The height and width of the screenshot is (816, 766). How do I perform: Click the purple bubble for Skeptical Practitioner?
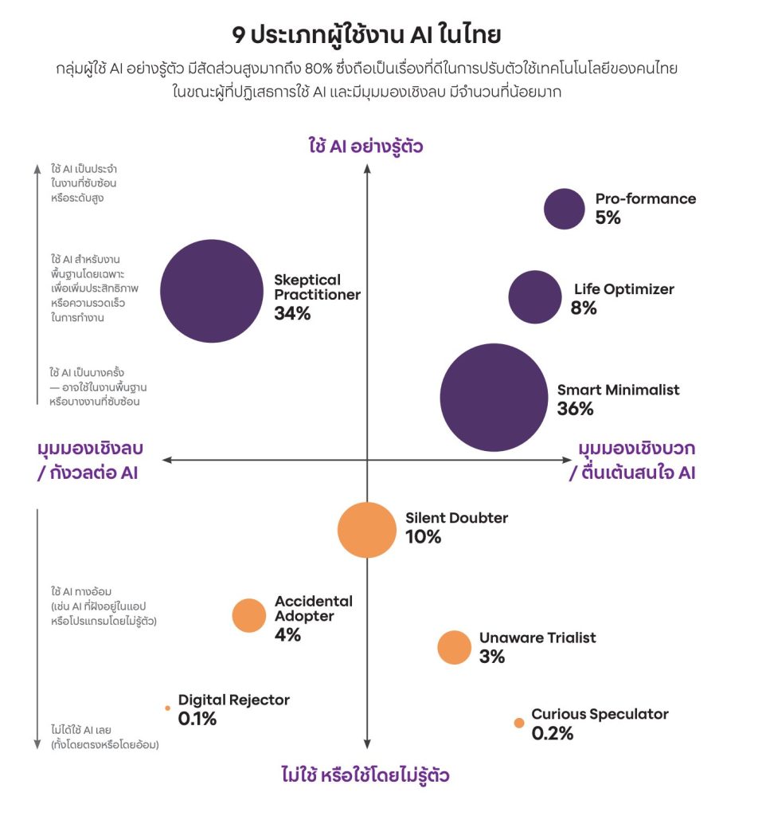[211, 291]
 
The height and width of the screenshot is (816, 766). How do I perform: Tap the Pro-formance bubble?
[565, 209]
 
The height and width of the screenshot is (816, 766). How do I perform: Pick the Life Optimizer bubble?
[534, 297]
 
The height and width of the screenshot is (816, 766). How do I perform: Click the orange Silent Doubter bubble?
[366, 530]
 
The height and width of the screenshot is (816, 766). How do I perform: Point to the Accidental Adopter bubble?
[248, 615]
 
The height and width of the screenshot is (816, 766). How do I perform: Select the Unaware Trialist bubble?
[455, 647]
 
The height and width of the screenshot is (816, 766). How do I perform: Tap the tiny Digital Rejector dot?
[167, 708]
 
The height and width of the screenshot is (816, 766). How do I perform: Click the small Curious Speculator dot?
[519, 723]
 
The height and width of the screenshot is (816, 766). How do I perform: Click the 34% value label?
[292, 314]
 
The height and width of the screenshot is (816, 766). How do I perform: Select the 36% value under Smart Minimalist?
[575, 410]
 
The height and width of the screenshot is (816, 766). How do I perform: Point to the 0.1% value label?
[197, 719]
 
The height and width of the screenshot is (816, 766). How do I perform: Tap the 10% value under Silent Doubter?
[423, 537]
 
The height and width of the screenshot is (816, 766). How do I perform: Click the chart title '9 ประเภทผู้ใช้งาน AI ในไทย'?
[382, 36]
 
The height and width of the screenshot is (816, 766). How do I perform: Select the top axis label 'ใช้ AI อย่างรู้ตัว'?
[365, 146]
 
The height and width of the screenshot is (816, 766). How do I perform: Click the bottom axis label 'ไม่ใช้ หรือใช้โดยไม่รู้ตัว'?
[370, 775]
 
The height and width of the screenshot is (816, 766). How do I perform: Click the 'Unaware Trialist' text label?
[537, 637]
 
